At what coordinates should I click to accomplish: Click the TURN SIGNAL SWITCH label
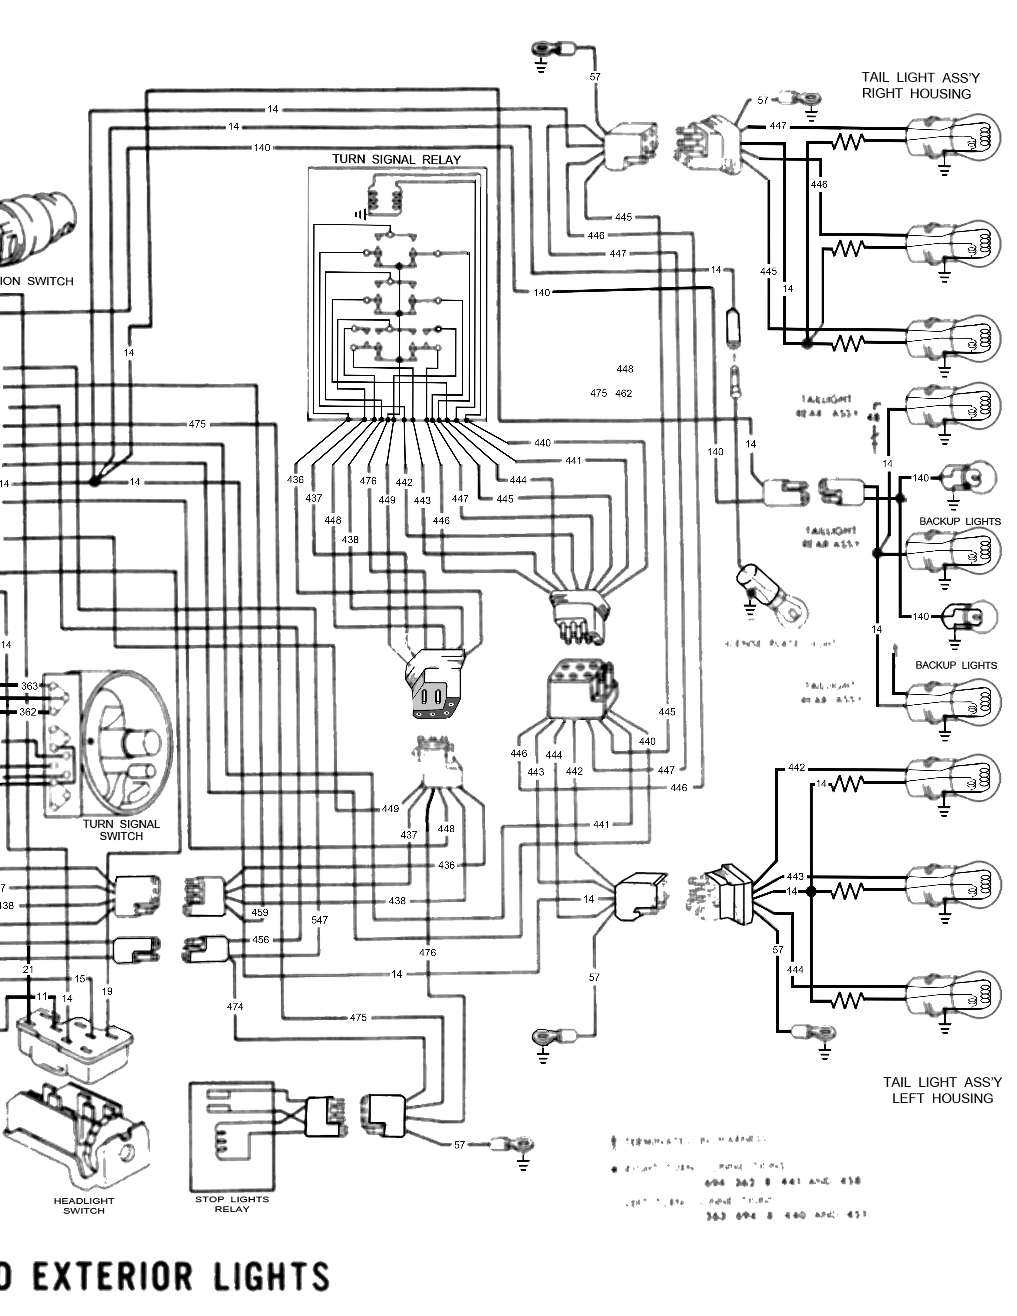tap(121, 830)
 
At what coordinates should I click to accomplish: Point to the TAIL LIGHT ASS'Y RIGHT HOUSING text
tap(920, 86)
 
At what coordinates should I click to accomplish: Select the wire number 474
tap(235, 1006)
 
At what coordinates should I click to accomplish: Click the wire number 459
tap(260, 912)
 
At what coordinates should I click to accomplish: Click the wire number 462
tap(624, 394)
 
